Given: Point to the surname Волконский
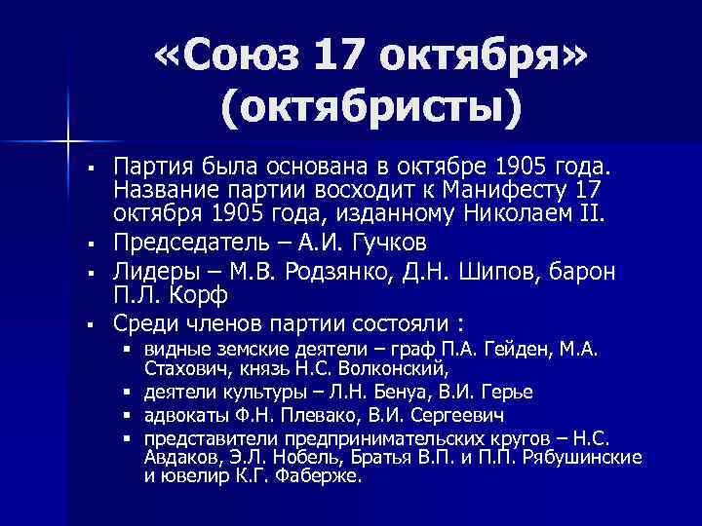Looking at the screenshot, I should pos(400,369).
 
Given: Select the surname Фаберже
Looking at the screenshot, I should pos(325,476).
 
